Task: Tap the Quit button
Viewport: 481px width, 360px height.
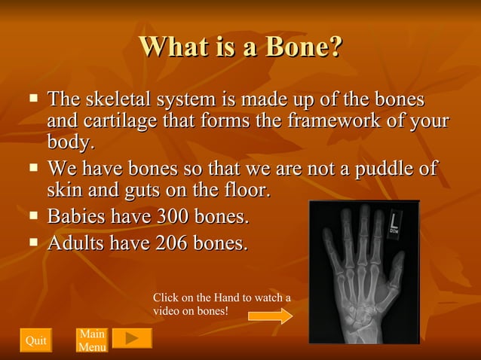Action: [x=36, y=340]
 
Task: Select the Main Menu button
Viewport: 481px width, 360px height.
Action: [x=92, y=340]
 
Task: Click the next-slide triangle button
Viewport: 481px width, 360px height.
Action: [x=132, y=339]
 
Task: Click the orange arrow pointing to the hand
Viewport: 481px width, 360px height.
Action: [x=270, y=316]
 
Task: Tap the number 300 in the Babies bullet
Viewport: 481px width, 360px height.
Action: [x=173, y=218]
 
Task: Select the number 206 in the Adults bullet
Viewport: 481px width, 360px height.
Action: [x=172, y=243]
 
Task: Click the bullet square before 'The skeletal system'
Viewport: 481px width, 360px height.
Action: [x=33, y=97]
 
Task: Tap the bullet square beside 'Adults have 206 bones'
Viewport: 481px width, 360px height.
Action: [x=33, y=242]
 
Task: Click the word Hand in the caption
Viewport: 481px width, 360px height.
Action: [x=228, y=297]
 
